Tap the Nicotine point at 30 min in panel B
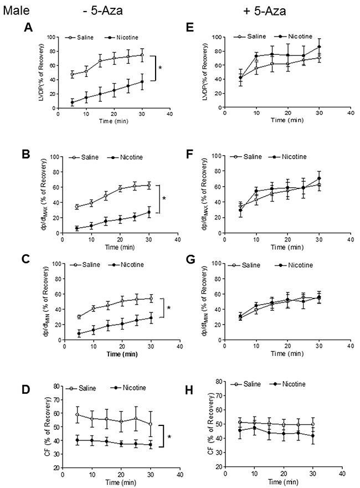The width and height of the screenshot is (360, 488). tap(148, 212)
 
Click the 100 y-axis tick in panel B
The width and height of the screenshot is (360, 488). tap(54, 157)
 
